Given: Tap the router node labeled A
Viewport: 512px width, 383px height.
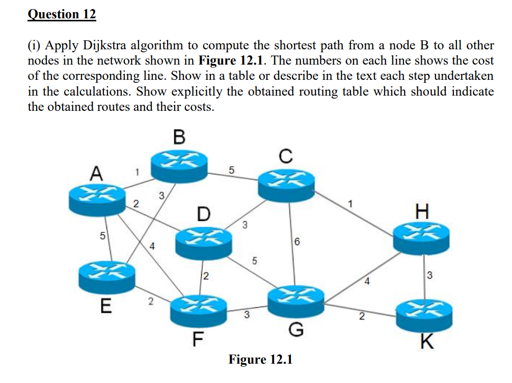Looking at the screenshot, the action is coord(97,199).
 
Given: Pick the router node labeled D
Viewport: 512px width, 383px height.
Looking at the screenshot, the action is coord(204,244).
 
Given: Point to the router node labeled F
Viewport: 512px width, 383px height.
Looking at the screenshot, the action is coord(199,311).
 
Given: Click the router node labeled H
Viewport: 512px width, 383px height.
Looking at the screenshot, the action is coord(421,239).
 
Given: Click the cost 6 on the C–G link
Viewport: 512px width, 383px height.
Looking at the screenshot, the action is coord(297,242).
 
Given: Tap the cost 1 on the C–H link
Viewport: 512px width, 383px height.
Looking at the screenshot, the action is coord(351,204).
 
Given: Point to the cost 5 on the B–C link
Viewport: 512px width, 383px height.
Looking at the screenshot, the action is coord(231,170).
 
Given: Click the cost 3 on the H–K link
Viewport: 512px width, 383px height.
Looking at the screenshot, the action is coord(429,275).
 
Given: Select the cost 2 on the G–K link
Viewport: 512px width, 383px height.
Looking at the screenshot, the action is coord(362,316).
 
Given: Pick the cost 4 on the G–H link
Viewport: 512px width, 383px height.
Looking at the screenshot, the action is coord(367,281).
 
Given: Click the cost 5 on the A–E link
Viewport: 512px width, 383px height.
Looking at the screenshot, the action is coord(102,235).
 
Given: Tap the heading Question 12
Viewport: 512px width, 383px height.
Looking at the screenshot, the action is coord(62,14).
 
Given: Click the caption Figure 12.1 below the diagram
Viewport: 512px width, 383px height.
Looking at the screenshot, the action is coord(260,360).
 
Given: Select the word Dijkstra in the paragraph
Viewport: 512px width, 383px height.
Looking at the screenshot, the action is coord(104,45).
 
